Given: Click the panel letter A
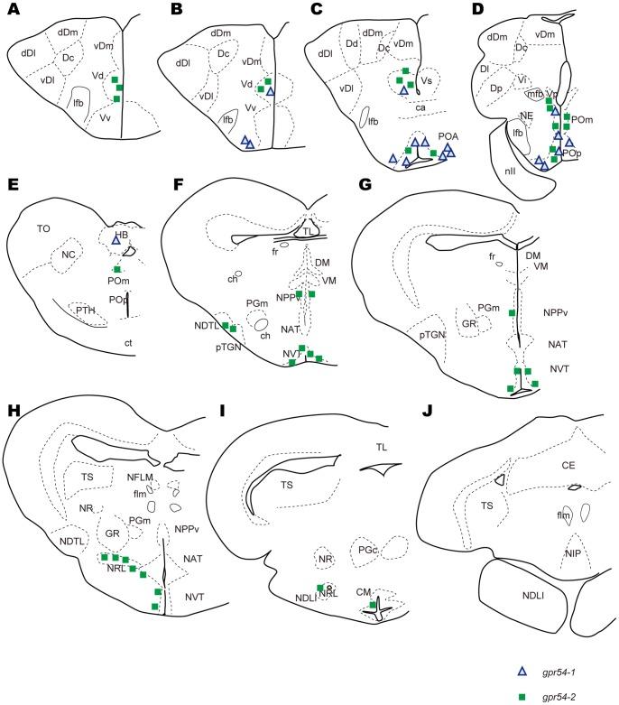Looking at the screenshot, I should tap(12, 10).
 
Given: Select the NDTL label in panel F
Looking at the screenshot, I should tap(206, 327).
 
